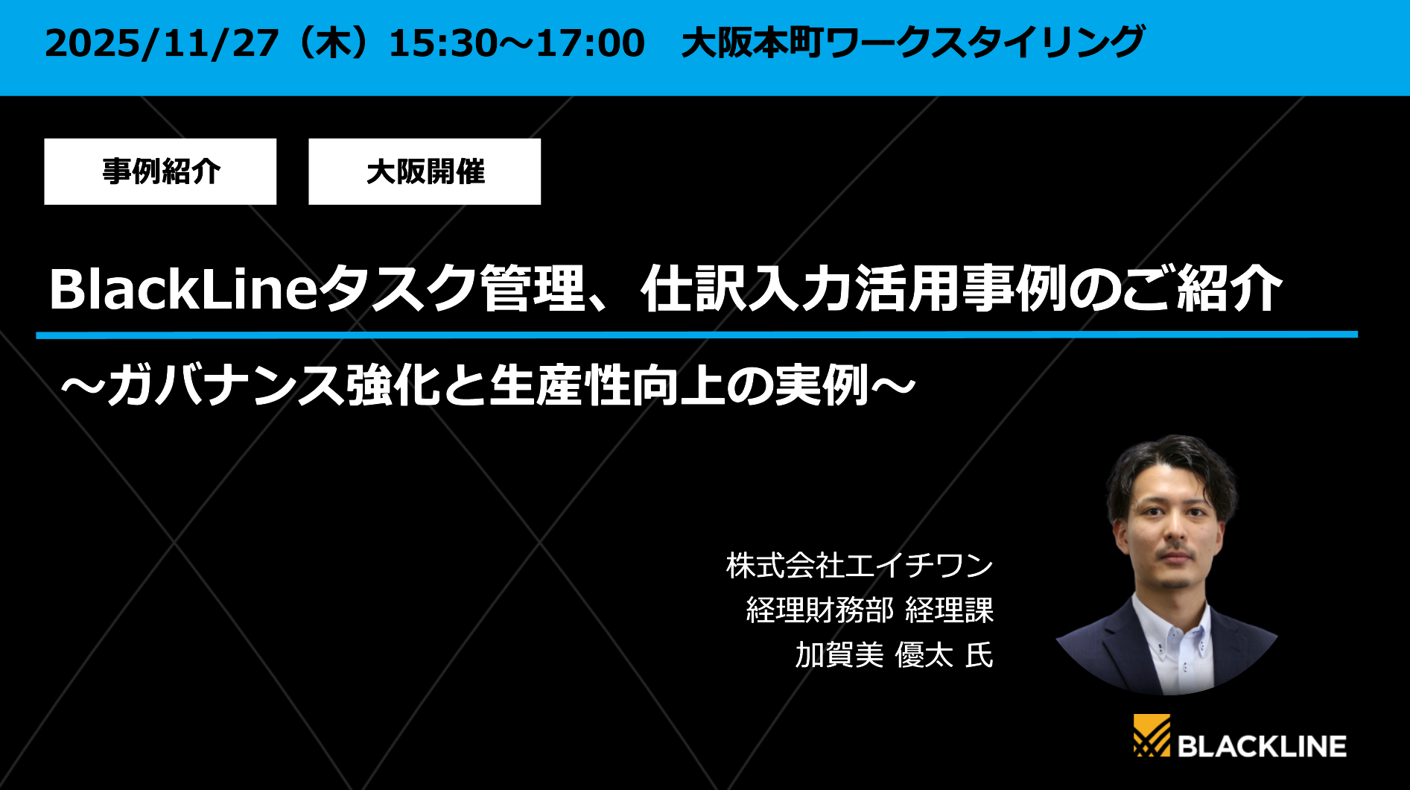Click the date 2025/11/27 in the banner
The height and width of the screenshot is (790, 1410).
click(162, 43)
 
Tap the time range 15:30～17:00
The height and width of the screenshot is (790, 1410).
click(516, 43)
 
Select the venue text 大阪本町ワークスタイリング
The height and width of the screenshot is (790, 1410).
click(912, 42)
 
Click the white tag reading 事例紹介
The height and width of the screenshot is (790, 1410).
click(160, 171)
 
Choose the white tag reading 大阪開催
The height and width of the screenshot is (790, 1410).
click(425, 171)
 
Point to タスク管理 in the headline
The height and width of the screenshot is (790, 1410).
click(455, 289)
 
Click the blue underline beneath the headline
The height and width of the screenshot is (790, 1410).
click(696, 335)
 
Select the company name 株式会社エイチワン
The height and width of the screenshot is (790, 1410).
click(860, 566)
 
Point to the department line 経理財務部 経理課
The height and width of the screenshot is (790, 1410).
click(869, 610)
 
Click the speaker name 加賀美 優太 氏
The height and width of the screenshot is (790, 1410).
click(894, 655)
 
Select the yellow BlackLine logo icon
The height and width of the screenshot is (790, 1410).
click(1152, 736)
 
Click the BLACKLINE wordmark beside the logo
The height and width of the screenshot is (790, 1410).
click(1262, 746)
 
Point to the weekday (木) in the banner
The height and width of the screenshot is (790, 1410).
click(332, 43)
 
